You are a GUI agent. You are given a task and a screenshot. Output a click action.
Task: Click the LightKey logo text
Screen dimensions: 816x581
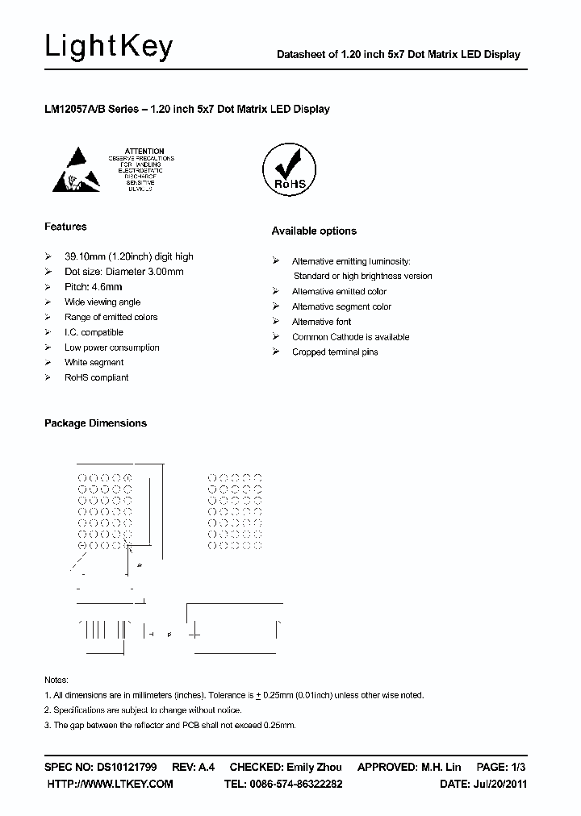[108, 48]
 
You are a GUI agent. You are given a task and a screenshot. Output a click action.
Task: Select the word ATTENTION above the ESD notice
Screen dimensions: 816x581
[145, 151]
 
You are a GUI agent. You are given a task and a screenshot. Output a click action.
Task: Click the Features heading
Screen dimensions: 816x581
[65, 227]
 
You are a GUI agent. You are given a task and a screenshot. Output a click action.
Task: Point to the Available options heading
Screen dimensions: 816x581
[314, 231]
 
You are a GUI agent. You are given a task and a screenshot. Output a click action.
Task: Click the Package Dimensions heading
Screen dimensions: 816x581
[95, 423]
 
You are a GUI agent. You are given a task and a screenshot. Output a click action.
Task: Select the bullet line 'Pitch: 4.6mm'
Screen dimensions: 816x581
[94, 286]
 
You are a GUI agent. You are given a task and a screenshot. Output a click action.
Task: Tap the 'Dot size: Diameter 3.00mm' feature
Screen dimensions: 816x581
[123, 272]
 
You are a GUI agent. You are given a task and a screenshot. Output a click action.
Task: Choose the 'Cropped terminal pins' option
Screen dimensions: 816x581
[335, 352]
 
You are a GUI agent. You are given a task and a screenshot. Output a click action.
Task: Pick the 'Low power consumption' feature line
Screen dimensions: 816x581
[111, 348]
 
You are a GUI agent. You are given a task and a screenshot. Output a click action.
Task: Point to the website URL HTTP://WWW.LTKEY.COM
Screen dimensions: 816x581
[111, 784]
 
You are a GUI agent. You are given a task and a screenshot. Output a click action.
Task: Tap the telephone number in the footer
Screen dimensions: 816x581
[303, 784]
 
